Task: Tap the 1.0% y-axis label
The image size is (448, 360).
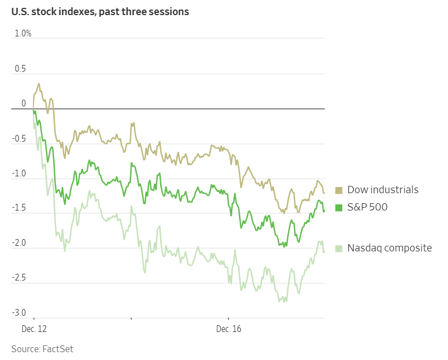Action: [x=23, y=34]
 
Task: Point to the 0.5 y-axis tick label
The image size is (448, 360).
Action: [x=20, y=68]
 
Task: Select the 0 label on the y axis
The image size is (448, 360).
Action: [x=24, y=104]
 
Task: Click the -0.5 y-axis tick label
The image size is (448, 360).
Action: [x=19, y=139]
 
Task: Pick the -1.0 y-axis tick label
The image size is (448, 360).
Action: [x=19, y=174]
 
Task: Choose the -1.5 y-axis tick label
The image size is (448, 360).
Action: [x=19, y=208]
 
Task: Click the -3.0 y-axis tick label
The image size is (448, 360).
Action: [x=19, y=312]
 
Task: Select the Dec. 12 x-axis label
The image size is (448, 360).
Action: [x=34, y=329]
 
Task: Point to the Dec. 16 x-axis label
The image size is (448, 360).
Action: [x=228, y=329]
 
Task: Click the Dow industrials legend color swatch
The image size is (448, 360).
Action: [x=339, y=190]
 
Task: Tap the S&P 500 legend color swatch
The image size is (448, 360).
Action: [x=339, y=207]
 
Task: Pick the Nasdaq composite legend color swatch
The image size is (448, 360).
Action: [x=339, y=247]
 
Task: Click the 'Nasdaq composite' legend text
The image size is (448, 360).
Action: [x=389, y=247]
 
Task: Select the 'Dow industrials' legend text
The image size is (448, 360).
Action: [x=382, y=190]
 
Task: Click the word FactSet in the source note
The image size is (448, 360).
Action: [x=58, y=349]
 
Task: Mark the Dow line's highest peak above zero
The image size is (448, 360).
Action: [x=39, y=84]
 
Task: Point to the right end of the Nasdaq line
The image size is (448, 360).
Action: [x=324, y=252]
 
